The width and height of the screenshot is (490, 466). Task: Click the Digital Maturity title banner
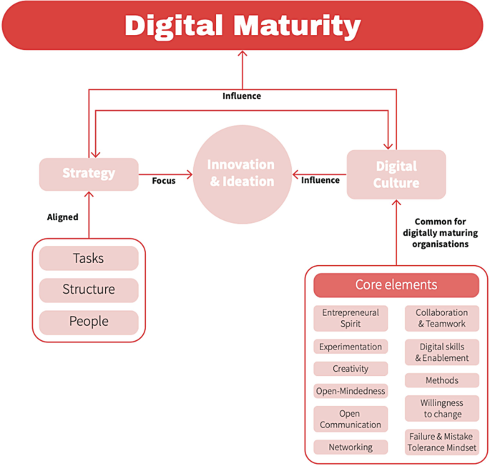pos(242,26)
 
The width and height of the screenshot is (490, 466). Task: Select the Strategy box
pos(89,174)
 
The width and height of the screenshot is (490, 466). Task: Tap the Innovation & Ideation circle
pos(241,174)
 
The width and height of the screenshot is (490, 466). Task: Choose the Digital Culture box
pos(396,174)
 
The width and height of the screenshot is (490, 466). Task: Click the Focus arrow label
pos(164,181)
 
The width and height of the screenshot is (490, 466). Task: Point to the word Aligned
pos(63,217)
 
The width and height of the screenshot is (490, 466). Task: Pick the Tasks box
pos(89,258)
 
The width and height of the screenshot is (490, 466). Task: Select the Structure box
pos(89,289)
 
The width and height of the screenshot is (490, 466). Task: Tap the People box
pos(89,322)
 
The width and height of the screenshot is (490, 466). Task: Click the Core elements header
pos(396,284)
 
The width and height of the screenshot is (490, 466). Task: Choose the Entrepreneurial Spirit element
pos(351,318)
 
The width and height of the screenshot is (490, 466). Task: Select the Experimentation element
pos(351,347)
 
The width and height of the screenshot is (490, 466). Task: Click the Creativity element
pos(351,369)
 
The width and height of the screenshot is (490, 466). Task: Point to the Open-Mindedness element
pos(351,391)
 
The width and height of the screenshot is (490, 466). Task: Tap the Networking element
pos(351,447)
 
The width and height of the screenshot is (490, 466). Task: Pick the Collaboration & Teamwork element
pos(441,318)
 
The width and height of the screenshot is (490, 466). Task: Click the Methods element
pos(441,380)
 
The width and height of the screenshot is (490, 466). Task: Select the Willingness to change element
pos(441,408)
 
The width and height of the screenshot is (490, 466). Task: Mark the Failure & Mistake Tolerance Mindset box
pos(441,442)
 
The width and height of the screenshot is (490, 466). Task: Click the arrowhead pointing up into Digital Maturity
pos(242,54)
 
